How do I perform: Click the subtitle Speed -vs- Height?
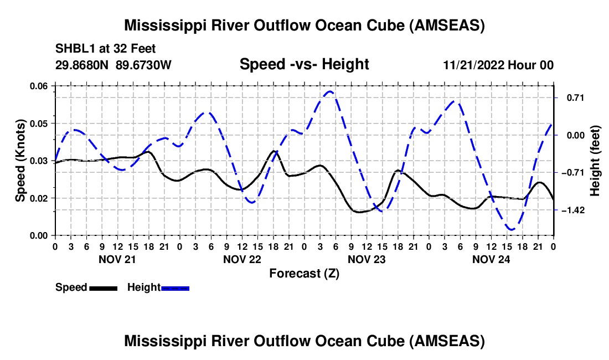click(304, 65)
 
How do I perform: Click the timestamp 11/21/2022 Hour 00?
click(498, 65)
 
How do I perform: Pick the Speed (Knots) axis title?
click(20, 161)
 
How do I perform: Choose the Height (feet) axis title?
click(595, 161)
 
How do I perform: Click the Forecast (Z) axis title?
click(304, 273)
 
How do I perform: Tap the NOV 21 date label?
click(117, 259)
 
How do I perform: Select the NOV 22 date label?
click(242, 259)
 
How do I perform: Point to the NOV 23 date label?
click(367, 259)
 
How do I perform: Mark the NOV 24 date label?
click(491, 259)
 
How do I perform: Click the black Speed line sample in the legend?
click(103, 288)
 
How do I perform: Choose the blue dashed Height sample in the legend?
click(176, 288)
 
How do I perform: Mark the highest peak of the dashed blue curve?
click(330, 91)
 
